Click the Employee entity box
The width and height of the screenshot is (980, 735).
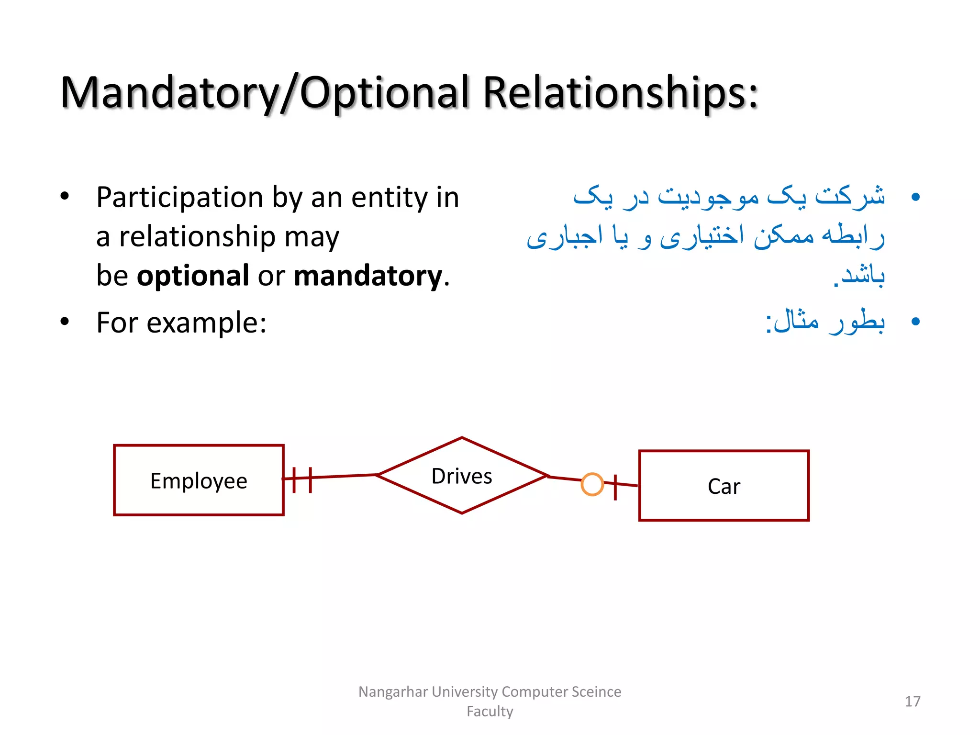(x=199, y=480)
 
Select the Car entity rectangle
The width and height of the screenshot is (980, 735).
(x=724, y=486)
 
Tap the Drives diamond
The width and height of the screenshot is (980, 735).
(x=462, y=476)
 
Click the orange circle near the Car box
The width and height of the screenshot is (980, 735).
(x=592, y=484)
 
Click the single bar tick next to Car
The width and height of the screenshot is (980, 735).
(x=615, y=487)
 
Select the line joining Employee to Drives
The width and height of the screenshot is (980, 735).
(x=345, y=476)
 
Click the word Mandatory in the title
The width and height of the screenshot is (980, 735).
(x=170, y=93)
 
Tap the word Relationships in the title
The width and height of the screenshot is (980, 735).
(x=621, y=93)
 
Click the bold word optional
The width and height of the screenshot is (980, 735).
(x=193, y=276)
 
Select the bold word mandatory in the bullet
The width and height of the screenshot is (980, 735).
(x=367, y=276)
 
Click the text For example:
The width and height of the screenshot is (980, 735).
(x=181, y=323)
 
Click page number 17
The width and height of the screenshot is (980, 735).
(x=912, y=701)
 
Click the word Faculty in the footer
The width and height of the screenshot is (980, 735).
(x=490, y=711)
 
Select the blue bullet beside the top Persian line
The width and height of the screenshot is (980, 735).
(x=915, y=197)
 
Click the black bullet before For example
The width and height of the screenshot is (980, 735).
(x=65, y=322)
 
